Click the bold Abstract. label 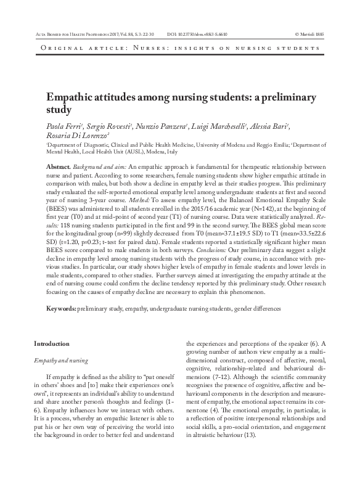[x=59, y=168]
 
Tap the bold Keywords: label [x=62, y=307]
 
